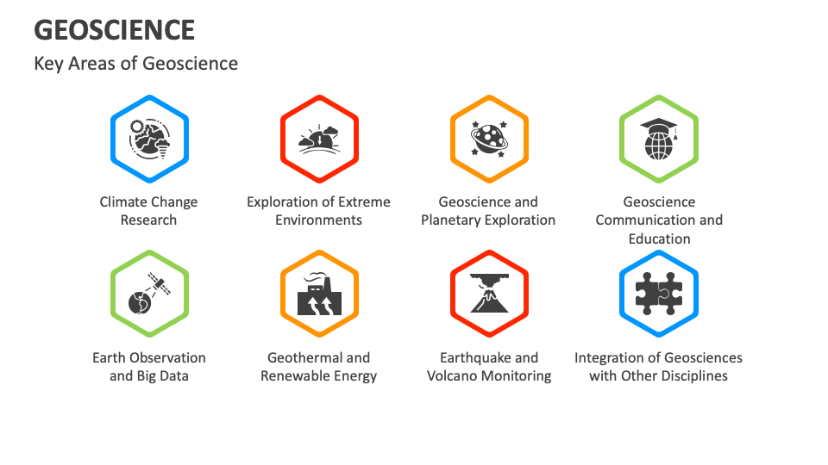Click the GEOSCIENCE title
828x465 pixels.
point(114,30)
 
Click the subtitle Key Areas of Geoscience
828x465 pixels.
point(135,64)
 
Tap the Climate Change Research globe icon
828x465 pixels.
point(149,138)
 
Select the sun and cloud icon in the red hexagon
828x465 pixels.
point(319,138)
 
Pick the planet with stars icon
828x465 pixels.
point(489,138)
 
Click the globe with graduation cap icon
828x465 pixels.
point(659,138)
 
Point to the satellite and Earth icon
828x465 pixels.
point(149,294)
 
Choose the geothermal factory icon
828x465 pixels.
point(319,294)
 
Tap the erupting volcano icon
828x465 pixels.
point(489,294)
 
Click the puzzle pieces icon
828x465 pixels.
point(659,294)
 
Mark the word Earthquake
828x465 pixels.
point(477,358)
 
